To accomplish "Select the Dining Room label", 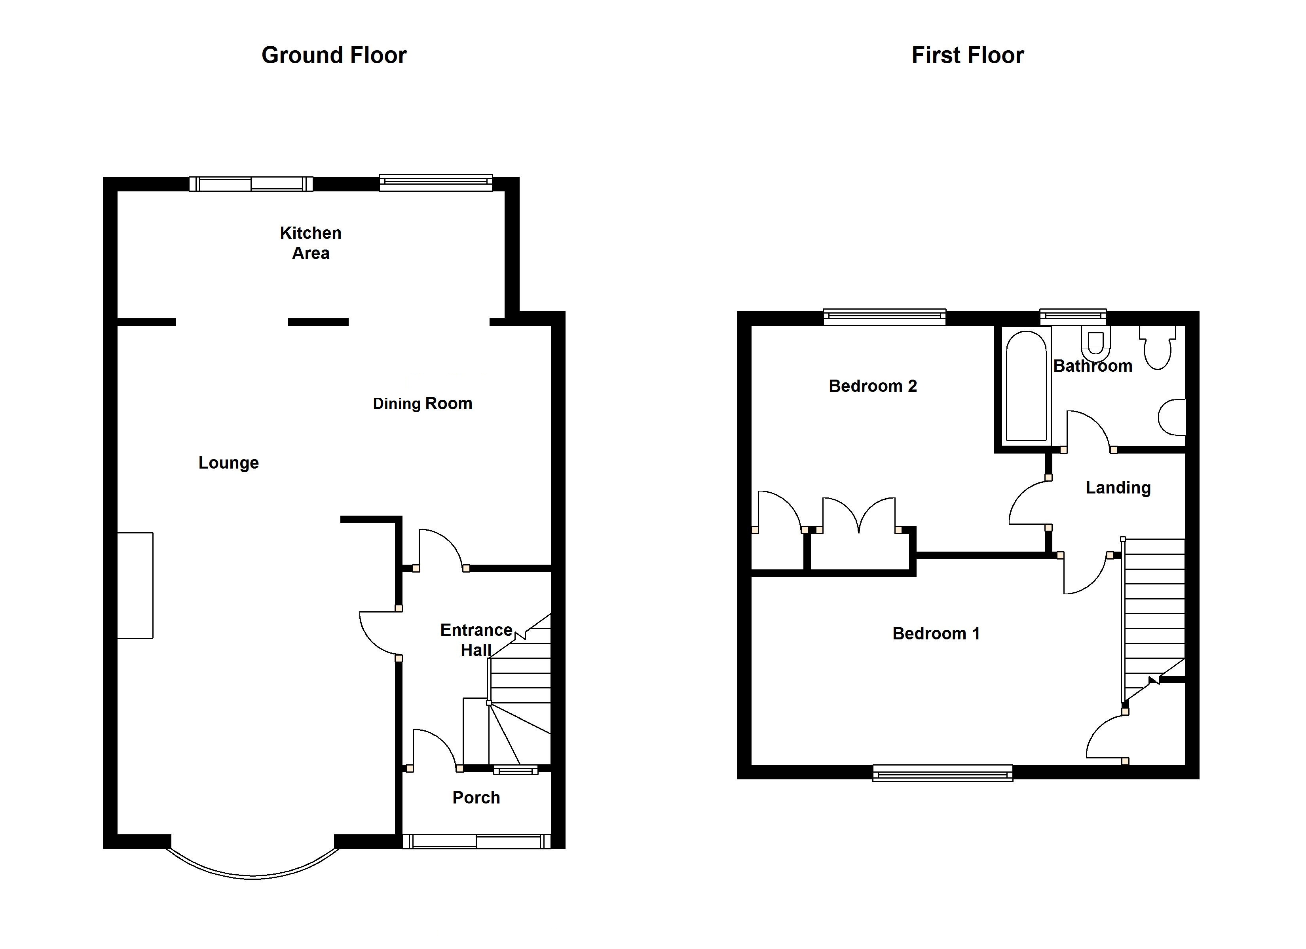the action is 423,403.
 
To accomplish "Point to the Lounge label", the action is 229,463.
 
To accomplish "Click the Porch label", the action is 476,798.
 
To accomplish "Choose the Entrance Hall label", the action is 476,640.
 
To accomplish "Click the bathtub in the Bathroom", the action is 1026,386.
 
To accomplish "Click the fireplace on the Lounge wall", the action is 135,585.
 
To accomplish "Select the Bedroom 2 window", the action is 885,317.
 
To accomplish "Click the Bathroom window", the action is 1073,317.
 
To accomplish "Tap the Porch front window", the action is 476,841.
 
